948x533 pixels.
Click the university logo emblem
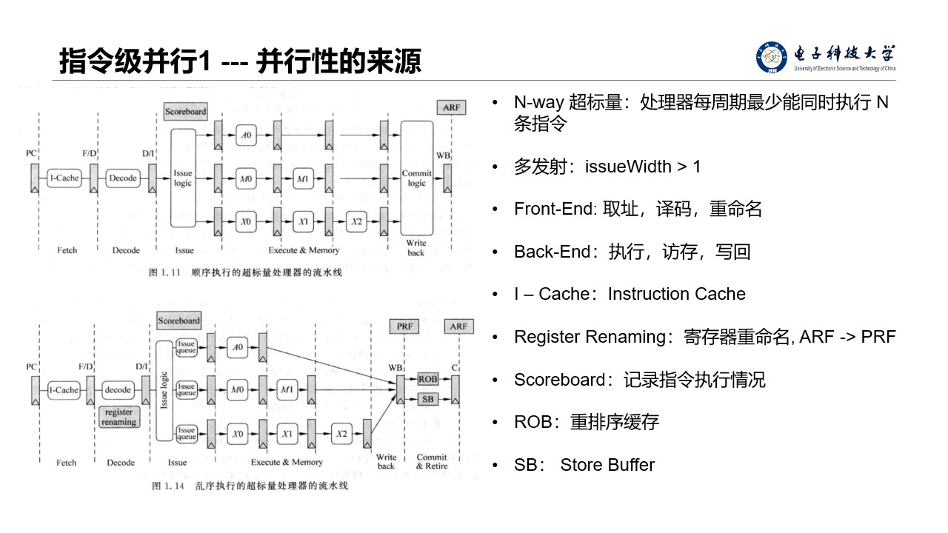coord(772,58)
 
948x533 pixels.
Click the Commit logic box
coord(417,178)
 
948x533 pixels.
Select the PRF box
coord(404,326)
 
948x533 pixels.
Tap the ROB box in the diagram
coord(428,379)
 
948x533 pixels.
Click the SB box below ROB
coord(428,400)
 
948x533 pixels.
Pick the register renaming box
coord(118,417)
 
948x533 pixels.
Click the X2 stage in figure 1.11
coord(358,221)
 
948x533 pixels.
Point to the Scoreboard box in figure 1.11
coord(185,112)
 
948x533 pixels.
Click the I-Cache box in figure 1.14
coord(64,390)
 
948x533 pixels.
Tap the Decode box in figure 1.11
coord(123,178)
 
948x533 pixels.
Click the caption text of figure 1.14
coord(250,486)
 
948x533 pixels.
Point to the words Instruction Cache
coord(676,294)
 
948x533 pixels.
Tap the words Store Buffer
coord(607,465)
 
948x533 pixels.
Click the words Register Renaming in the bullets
coord(590,337)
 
